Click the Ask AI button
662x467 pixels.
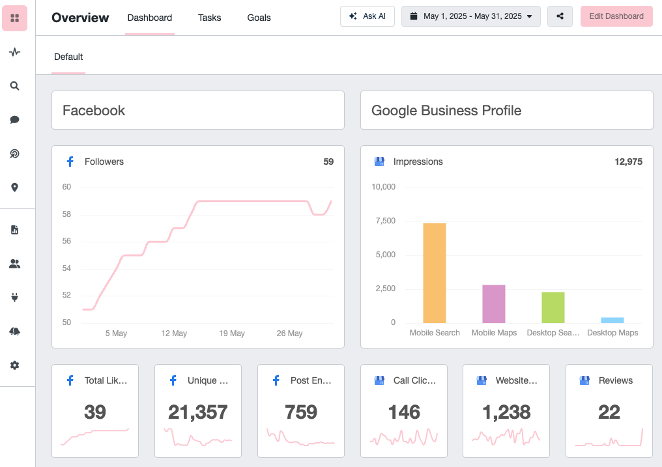[367, 16]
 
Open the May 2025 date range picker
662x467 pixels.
[470, 16]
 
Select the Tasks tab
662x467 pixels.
[209, 18]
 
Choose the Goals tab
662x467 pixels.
[259, 18]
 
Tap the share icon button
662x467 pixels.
[560, 16]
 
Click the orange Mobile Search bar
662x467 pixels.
[435, 273]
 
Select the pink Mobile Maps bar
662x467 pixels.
[494, 304]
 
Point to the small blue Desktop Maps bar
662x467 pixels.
[612, 320]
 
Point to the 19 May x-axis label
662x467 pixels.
[232, 333]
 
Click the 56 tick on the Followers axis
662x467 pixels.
[66, 241]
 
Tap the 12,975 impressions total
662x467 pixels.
[628, 162]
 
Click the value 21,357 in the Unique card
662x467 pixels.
[198, 412]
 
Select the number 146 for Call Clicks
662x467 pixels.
[404, 412]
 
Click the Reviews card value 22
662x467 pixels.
[609, 412]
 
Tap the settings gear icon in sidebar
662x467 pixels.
[14, 365]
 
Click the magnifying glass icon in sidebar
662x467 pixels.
[14, 85]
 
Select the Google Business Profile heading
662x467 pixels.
[446, 111]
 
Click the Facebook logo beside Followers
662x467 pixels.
[70, 162]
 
